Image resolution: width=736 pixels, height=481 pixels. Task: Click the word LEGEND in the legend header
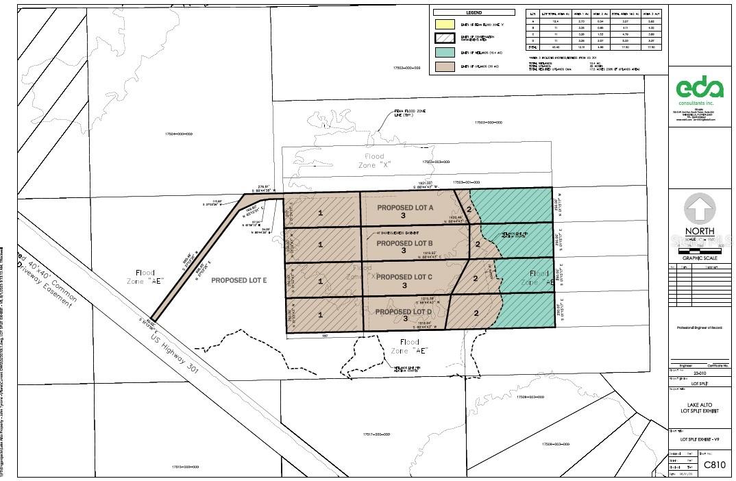pos(474,12)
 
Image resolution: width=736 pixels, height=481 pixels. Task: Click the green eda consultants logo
pos(700,90)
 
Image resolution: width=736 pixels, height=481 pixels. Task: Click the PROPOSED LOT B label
pos(404,243)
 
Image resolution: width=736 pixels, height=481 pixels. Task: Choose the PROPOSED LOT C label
pos(404,277)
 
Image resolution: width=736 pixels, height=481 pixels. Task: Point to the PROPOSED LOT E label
pos(238,280)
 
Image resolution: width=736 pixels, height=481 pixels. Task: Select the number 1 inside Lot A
pos(321,212)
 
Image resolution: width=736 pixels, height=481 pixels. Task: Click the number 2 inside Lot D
pos(475,313)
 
